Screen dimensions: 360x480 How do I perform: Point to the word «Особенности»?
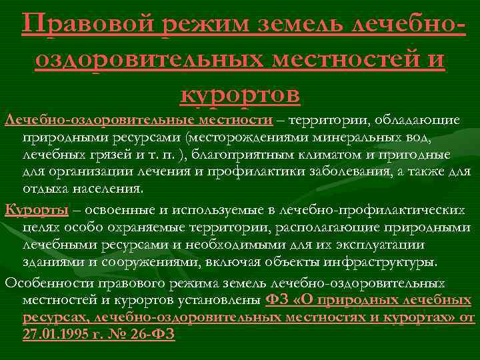47,282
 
